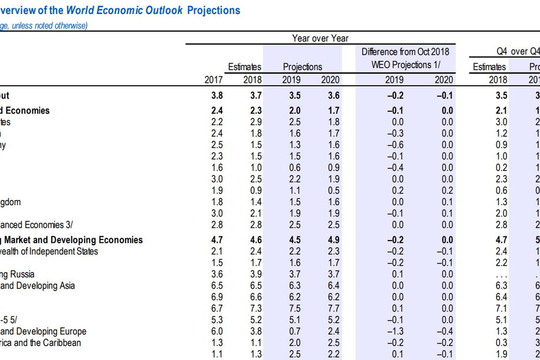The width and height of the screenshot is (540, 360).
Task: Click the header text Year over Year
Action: point(320,38)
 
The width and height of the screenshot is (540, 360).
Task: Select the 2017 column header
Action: point(213,80)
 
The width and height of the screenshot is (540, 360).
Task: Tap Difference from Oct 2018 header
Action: point(405,52)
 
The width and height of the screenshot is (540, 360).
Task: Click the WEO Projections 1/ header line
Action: point(405,65)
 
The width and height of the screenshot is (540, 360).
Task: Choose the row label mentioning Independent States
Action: point(49,251)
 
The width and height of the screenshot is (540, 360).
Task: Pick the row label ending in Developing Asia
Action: point(38,285)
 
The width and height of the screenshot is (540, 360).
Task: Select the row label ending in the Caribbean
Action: point(41,343)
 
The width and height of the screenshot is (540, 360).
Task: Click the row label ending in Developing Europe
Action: point(43,331)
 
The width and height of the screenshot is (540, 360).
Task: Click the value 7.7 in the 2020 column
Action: point(330,308)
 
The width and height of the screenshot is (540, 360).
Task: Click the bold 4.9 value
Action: point(330,239)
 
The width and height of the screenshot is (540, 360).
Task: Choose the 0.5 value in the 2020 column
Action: point(330,191)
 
